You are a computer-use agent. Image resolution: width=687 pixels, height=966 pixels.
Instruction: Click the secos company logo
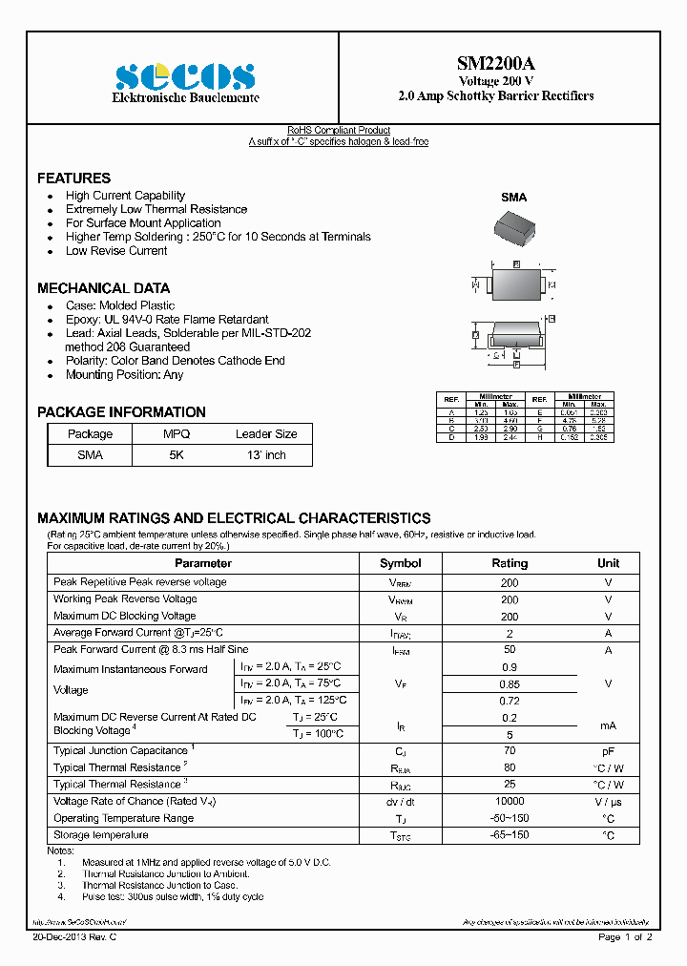[x=185, y=76]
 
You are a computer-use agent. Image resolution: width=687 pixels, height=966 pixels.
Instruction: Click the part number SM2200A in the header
[x=495, y=64]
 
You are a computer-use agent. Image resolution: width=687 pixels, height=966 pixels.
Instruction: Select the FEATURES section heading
[x=73, y=178]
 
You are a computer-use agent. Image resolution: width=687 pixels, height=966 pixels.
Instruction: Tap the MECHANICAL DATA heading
[x=103, y=288]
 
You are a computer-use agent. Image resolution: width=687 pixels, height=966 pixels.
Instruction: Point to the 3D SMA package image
[x=513, y=229]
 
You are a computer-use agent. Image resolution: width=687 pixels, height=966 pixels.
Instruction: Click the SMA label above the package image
[x=513, y=198]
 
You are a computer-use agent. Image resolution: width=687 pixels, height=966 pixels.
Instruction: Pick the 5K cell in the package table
[x=177, y=455]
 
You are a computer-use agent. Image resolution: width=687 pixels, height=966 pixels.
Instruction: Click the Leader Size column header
[x=266, y=434]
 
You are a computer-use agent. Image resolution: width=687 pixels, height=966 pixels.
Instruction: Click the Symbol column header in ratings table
[x=400, y=563]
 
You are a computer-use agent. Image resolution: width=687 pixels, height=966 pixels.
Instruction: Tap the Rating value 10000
[x=510, y=802]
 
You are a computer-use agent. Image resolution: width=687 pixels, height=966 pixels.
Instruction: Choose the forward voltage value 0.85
[x=510, y=684]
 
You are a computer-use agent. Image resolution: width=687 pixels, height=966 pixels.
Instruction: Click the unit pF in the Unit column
[x=608, y=751]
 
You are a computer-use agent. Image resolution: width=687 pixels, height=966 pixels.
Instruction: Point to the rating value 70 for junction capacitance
[x=510, y=751]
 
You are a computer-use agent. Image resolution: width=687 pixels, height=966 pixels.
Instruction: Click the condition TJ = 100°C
[x=318, y=734]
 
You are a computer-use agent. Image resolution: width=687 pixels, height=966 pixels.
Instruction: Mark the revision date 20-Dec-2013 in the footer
[x=74, y=938]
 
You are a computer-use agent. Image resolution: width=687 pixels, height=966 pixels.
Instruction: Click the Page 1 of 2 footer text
[x=625, y=938]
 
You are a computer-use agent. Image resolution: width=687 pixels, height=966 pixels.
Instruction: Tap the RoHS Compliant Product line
[x=339, y=131]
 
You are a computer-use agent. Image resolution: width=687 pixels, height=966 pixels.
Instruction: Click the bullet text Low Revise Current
[x=116, y=251]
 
